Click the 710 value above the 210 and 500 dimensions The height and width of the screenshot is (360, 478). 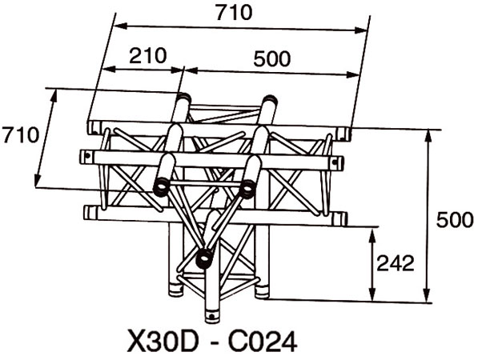(x=234, y=13)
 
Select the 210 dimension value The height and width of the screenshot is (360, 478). (x=148, y=56)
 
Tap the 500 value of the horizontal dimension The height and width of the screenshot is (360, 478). (x=272, y=58)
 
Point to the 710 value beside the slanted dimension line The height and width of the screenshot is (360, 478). (x=21, y=135)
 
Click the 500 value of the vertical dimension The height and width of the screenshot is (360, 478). (x=455, y=219)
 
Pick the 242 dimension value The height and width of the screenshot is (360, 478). (x=396, y=263)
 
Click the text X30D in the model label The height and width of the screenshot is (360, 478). (x=162, y=342)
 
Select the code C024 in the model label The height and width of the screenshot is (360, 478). (x=263, y=342)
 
